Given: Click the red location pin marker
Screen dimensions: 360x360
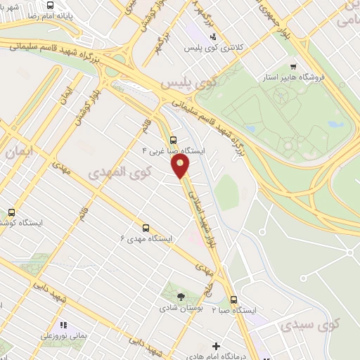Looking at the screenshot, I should coord(181,165).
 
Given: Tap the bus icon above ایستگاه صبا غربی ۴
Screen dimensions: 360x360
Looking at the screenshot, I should coord(174,139).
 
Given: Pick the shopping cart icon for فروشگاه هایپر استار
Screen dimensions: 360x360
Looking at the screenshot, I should coord(303,66).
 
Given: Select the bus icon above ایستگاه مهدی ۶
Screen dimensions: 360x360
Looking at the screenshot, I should coord(146,228).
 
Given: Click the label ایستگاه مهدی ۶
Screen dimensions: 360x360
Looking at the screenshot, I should coord(146,239).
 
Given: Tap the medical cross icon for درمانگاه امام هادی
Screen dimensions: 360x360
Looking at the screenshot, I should coord(216,346).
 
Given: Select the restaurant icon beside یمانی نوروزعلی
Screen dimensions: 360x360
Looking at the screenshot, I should coord(63,325).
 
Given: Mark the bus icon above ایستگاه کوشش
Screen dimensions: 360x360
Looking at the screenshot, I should coord(11,212).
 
